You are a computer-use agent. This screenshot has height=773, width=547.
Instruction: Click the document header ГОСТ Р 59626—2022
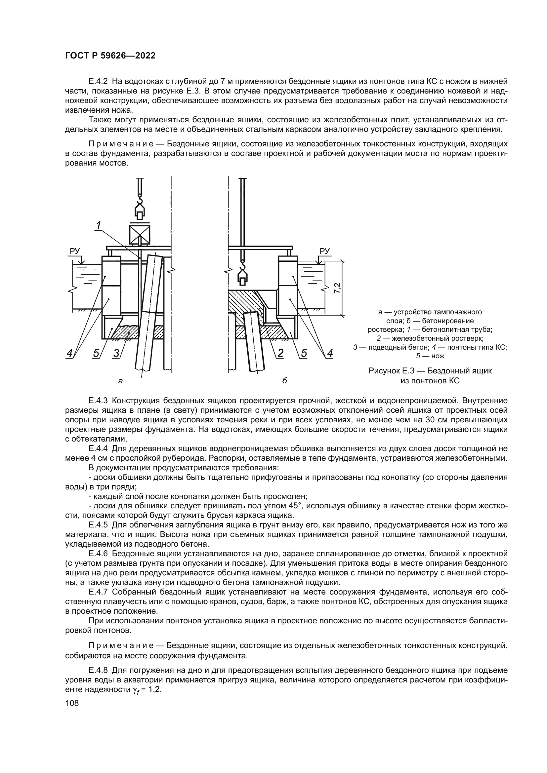click(x=110, y=56)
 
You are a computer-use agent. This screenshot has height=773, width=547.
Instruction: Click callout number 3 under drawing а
click(x=116, y=353)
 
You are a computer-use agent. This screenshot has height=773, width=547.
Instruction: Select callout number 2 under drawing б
click(x=280, y=353)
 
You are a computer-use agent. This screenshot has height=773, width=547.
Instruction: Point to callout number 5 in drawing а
click(x=96, y=353)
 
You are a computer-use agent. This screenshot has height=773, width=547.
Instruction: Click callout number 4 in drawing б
click(x=330, y=353)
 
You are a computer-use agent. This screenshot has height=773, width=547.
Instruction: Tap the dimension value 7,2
click(x=337, y=288)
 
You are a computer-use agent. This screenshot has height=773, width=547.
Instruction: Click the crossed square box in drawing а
click(x=140, y=235)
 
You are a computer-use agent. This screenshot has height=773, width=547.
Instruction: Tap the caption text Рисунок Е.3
click(x=391, y=371)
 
